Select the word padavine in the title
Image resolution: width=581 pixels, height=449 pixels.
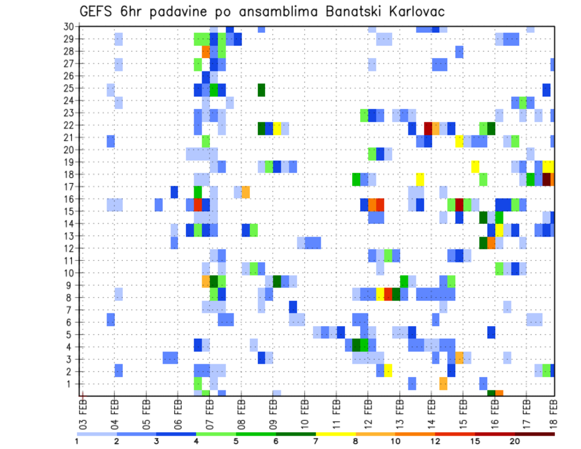194,11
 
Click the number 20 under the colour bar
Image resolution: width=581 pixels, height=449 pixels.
515,441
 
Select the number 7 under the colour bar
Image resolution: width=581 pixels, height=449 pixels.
316,441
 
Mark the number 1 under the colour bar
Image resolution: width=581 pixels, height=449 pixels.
77,441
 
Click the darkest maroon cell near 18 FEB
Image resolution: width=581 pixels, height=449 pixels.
547,179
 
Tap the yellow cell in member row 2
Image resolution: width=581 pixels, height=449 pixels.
388,370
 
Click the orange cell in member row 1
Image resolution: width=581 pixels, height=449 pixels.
444,383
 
